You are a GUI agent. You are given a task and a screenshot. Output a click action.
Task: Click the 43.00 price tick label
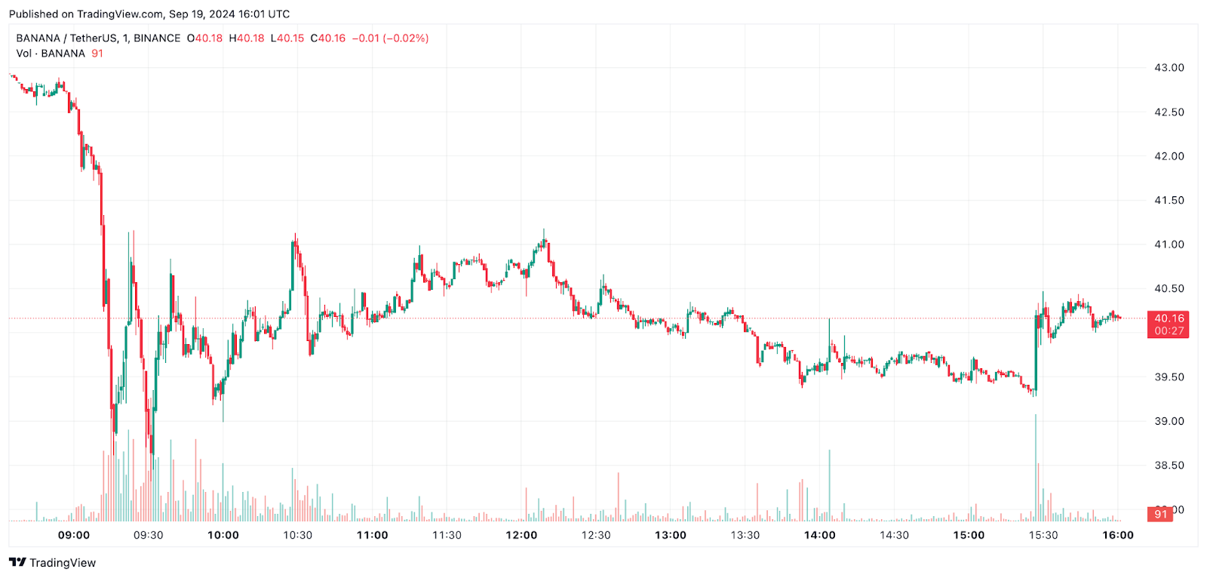point(1169,68)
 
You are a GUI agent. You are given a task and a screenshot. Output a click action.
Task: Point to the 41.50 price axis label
point(1169,201)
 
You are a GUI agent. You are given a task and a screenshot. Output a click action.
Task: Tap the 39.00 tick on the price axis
point(1169,421)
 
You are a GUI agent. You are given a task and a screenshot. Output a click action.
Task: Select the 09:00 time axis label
point(74,535)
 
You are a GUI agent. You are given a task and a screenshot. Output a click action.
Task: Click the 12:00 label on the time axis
point(521,535)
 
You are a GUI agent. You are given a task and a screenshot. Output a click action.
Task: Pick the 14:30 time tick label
point(894,535)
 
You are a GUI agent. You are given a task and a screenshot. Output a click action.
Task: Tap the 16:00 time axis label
point(1117,535)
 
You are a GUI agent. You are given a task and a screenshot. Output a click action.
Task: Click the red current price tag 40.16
point(1167,318)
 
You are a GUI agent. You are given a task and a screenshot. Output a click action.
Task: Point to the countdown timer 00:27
point(1169,331)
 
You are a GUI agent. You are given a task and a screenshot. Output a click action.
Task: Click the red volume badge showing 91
point(1160,514)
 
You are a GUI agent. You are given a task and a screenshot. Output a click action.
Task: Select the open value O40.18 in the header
point(205,38)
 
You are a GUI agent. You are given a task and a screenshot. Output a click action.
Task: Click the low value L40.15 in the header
point(287,38)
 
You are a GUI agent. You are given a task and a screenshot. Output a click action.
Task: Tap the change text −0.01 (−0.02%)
point(390,38)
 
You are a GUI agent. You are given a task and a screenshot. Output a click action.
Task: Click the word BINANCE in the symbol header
point(157,38)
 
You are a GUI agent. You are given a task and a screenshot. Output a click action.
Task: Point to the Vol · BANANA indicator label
point(51,54)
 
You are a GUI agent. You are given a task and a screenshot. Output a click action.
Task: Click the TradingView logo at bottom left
point(53,563)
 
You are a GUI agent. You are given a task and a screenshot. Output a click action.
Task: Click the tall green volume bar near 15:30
point(1036,468)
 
